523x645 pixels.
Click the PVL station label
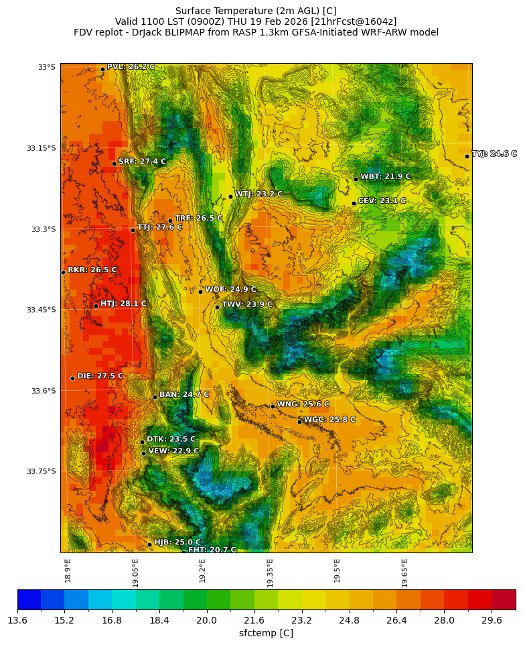pyautogui.click(x=131, y=67)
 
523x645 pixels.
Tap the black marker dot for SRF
pyautogui.click(x=114, y=164)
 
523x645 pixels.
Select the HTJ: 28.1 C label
pyautogui.click(x=123, y=304)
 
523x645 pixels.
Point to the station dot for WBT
pyautogui.click(x=356, y=179)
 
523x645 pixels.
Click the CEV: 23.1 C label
pyautogui.click(x=382, y=200)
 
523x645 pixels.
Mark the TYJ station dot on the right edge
pyautogui.click(x=467, y=156)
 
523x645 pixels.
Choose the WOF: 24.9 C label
pyautogui.click(x=230, y=290)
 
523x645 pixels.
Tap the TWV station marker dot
pyautogui.click(x=217, y=307)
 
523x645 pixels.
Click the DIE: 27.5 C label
pyautogui.click(x=100, y=376)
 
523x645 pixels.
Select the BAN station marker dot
pyautogui.click(x=155, y=397)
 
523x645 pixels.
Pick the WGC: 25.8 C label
pyautogui.click(x=329, y=420)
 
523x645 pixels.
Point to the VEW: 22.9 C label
pyautogui.click(x=173, y=451)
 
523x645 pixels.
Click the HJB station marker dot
pyautogui.click(x=149, y=544)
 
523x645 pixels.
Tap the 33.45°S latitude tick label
pyautogui.click(x=41, y=310)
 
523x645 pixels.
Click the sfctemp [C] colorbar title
pyautogui.click(x=266, y=633)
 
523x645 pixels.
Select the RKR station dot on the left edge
pyautogui.click(x=63, y=272)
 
